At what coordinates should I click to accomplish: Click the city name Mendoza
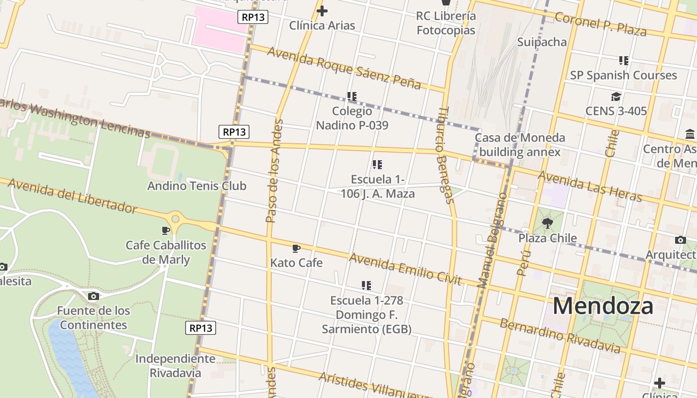603,306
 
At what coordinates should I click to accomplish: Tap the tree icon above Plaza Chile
548,223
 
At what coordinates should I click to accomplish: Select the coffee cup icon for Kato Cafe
296,248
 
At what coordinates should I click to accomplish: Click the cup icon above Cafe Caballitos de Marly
166,230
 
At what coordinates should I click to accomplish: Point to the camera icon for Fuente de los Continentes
93,297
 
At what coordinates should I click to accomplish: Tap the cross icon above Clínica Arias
322,10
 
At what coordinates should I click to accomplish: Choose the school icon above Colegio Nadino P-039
352,96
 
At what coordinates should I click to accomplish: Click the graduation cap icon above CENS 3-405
616,97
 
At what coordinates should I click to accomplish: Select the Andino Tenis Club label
197,186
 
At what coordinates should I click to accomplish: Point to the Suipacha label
542,42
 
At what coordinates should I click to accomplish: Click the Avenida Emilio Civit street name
405,269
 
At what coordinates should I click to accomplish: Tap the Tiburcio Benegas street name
446,155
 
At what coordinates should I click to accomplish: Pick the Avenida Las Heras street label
590,187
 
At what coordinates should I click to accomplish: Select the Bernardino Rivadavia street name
561,336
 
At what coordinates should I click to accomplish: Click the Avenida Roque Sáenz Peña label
344,68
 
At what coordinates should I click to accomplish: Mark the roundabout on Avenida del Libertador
175,218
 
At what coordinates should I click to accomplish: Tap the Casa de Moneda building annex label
520,145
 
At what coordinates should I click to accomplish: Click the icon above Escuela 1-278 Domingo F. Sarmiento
366,286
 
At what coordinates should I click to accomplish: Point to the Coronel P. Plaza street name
600,24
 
